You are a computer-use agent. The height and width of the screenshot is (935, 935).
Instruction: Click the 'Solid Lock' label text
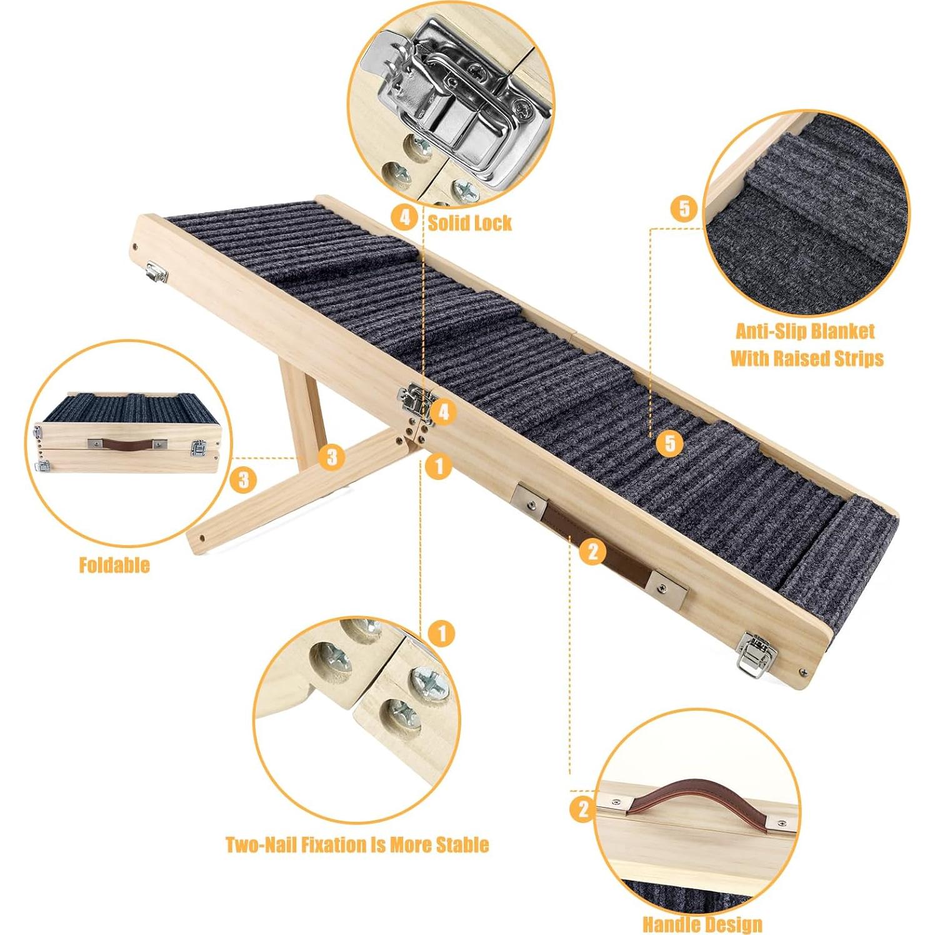tap(469, 222)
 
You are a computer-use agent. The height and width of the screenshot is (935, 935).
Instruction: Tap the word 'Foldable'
tap(114, 565)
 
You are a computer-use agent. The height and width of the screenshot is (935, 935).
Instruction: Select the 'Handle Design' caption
tap(702, 924)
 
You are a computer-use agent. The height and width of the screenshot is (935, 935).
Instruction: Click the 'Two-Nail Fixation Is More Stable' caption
tap(357, 845)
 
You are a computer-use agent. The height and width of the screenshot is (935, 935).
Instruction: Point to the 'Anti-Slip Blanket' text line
tap(805, 331)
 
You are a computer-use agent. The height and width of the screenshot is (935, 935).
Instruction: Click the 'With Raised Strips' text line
tap(807, 358)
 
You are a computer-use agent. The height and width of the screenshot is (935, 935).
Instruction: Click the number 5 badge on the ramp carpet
tap(670, 443)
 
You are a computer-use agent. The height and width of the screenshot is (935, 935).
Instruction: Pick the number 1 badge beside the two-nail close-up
tap(442, 634)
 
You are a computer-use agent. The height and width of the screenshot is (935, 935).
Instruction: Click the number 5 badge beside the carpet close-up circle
tap(683, 208)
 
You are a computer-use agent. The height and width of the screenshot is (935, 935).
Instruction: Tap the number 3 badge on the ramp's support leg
tap(332, 457)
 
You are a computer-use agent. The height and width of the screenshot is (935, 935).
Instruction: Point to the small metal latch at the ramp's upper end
tap(156, 272)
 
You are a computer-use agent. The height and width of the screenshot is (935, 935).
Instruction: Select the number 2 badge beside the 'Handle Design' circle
tap(582, 809)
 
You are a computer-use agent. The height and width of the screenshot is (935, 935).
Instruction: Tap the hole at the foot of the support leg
tap(202, 536)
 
